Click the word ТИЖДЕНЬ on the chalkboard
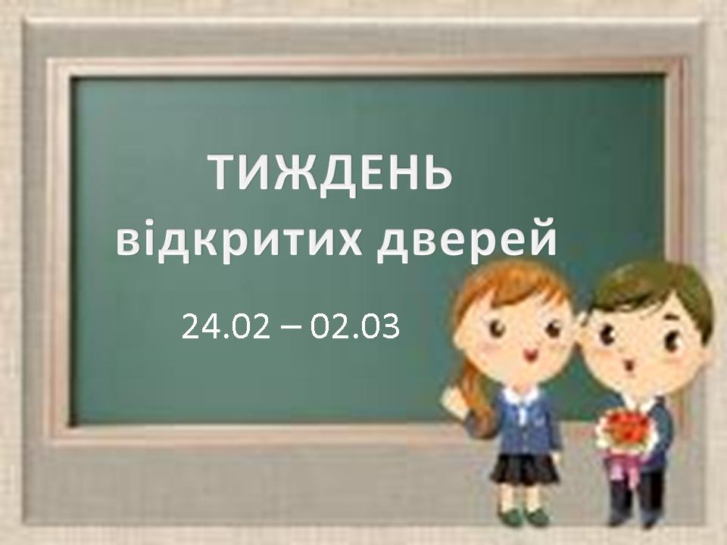[331, 173]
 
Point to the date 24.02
[226, 326]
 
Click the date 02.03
[354, 326]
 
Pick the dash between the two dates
[290, 328]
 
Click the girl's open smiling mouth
[529, 356]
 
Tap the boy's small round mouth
[630, 366]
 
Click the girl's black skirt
[525, 467]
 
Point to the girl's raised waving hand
[455, 399]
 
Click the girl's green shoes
[522, 515]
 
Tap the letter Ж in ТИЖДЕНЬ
[296, 173]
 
